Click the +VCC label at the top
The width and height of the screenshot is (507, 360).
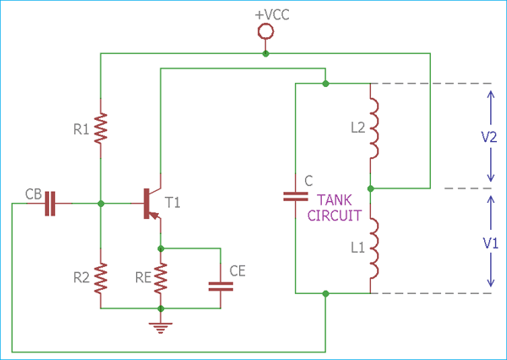265,14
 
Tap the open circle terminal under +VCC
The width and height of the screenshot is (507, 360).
265,32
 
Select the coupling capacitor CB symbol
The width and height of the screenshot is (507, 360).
49,203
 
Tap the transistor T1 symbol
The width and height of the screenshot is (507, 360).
152,203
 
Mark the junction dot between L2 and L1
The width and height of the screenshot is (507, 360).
371,188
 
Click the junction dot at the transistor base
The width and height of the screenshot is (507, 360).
101,203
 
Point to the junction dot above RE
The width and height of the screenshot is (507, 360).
160,248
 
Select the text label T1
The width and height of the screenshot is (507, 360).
173,202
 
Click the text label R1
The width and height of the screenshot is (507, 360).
81,130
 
